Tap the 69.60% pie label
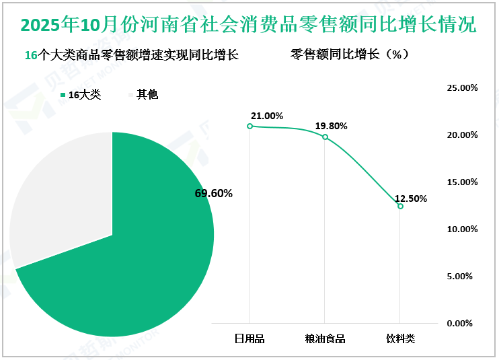(213, 194)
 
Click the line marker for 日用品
(249, 126)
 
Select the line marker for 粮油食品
(325, 137)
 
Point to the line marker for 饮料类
(400, 206)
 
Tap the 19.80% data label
(332, 126)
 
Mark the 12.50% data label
(410, 198)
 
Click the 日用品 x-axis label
(249, 338)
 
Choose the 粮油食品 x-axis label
(325, 338)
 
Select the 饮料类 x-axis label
(400, 338)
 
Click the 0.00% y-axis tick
(463, 324)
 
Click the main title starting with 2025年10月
(249, 26)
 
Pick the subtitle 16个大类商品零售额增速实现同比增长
(131, 55)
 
